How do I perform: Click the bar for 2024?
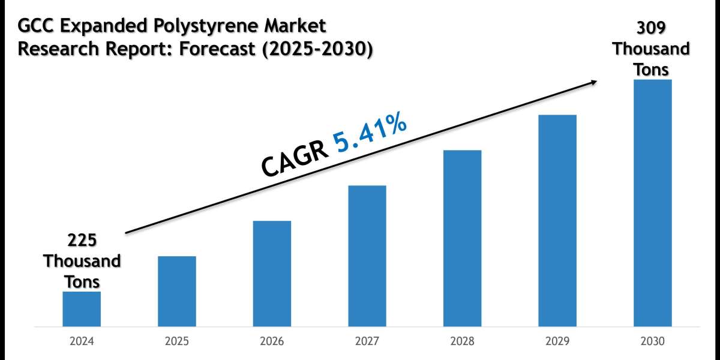coord(82,309)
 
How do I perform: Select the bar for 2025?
coord(177,292)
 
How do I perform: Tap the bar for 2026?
coord(272,274)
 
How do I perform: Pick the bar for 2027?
coord(367,256)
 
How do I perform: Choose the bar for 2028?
coord(462,238)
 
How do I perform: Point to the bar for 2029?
coord(557,221)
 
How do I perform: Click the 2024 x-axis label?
coord(82,341)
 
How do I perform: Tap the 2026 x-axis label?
coord(272,341)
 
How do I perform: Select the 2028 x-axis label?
coord(462,341)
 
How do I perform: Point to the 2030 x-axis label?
coord(652,341)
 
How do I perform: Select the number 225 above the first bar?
coord(82,241)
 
